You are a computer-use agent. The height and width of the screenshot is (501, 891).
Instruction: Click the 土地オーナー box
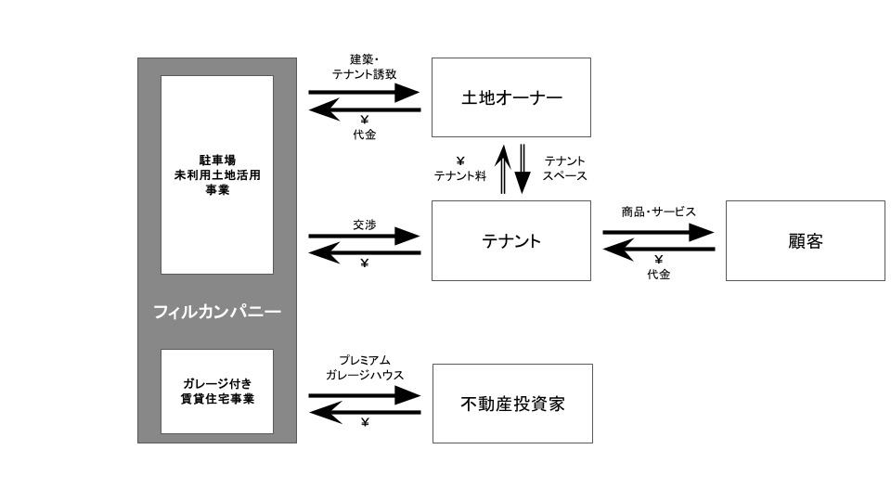click(x=510, y=97)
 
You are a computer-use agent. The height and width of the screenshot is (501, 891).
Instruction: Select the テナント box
click(x=510, y=240)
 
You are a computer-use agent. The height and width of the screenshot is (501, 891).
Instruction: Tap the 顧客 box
click(x=806, y=240)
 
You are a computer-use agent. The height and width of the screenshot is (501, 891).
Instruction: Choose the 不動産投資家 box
click(x=512, y=404)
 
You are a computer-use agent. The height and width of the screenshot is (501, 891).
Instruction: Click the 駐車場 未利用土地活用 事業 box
click(x=217, y=175)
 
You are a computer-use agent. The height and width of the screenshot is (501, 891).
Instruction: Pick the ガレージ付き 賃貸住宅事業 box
click(x=217, y=392)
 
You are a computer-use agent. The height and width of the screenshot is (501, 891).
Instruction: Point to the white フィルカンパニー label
click(x=217, y=312)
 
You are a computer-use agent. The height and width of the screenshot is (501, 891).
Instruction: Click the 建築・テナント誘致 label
click(x=364, y=67)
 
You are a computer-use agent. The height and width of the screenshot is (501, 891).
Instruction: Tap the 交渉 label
click(x=364, y=225)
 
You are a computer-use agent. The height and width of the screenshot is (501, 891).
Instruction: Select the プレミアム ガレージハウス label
click(x=364, y=367)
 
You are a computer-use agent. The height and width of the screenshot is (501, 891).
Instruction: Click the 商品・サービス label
click(x=658, y=212)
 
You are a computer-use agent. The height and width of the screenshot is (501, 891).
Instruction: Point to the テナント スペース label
click(x=564, y=169)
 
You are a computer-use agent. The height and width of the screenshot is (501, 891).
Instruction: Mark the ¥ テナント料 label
click(x=459, y=169)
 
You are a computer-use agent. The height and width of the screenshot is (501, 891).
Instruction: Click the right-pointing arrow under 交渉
click(x=364, y=236)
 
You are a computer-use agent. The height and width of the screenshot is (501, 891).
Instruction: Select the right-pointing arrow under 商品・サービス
click(x=658, y=232)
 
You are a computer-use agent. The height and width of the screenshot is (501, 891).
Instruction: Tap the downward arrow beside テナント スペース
click(x=523, y=169)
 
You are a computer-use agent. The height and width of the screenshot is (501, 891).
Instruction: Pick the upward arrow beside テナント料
click(x=503, y=169)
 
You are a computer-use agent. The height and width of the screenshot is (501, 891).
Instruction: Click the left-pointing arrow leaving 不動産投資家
click(x=364, y=412)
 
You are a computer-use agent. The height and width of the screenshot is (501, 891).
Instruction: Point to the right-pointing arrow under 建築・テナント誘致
click(x=364, y=92)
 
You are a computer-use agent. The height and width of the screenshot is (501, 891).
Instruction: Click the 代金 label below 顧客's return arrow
click(x=659, y=275)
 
